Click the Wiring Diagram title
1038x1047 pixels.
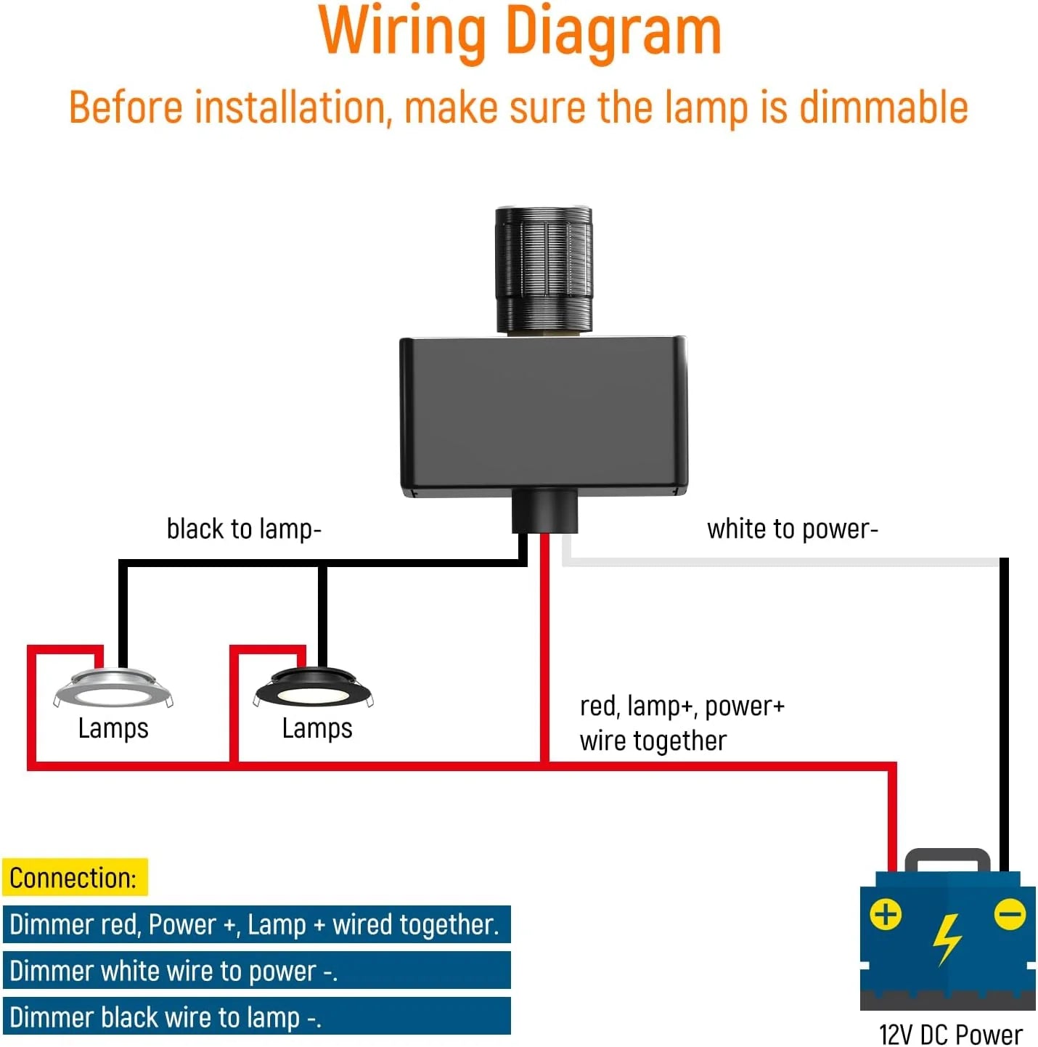pyautogui.click(x=520, y=32)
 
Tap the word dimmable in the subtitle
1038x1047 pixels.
pyautogui.click(x=883, y=107)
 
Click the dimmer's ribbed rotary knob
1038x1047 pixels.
pyautogui.click(x=543, y=269)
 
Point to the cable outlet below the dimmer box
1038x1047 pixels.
pyautogui.click(x=544, y=511)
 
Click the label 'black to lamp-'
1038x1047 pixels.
pyautogui.click(x=243, y=529)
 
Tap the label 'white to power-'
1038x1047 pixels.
pyautogui.click(x=792, y=529)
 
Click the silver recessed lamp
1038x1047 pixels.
pyautogui.click(x=113, y=689)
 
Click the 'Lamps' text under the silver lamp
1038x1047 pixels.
pyautogui.click(x=113, y=728)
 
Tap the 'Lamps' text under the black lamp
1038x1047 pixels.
pyautogui.click(x=317, y=728)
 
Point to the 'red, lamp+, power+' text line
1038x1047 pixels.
pyautogui.click(x=682, y=706)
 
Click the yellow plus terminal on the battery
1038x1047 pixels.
pyautogui.click(x=886, y=914)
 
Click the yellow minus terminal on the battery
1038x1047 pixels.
pyautogui.click(x=1010, y=914)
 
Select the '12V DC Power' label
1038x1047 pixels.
pyautogui.click(x=950, y=1034)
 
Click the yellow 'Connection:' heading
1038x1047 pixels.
pyautogui.click(x=74, y=878)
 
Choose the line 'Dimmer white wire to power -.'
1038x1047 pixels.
pyautogui.click(x=173, y=971)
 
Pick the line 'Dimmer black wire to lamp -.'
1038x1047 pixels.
pyautogui.click(x=165, y=1017)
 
